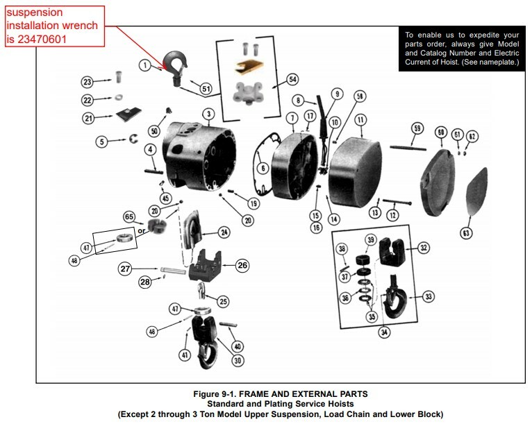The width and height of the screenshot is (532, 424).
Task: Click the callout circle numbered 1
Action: point(144,65)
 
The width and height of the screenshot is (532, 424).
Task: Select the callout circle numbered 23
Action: point(88,82)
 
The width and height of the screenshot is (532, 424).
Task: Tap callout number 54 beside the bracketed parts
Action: point(292,80)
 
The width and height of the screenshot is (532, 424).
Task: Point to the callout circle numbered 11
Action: point(360,119)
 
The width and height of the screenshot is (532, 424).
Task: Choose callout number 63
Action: point(466,233)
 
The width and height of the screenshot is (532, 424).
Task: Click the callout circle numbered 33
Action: point(428,296)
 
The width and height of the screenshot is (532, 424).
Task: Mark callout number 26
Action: point(242,264)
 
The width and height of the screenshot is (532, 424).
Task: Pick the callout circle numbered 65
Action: point(129,217)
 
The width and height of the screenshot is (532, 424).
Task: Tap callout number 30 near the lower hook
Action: point(238,360)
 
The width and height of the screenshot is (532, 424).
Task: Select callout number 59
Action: point(417,128)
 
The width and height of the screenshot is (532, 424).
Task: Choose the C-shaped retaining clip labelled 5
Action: point(131,142)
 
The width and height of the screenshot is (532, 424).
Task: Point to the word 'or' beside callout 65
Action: point(141,230)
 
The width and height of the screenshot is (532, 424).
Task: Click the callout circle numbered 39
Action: point(370,240)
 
